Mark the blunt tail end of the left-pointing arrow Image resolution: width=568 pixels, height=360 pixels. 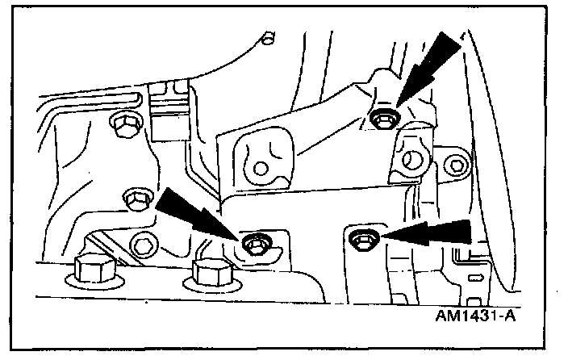tap(468, 232)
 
